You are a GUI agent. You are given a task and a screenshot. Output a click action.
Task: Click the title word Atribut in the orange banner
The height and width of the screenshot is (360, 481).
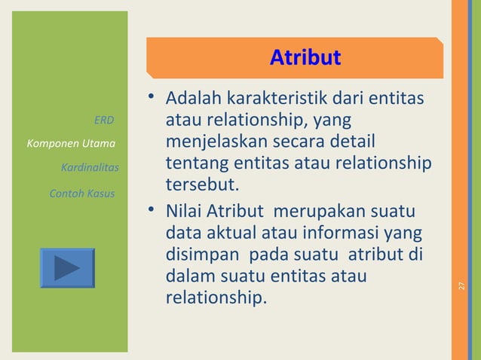(305, 57)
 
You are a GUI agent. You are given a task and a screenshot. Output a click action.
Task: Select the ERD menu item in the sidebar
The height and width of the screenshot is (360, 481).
(104, 120)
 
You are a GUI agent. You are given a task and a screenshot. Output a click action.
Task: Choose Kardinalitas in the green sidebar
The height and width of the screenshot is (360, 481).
(89, 167)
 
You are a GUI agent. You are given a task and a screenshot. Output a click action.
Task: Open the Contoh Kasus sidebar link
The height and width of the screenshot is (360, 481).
(81, 194)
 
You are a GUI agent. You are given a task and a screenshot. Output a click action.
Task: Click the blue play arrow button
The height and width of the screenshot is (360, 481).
(67, 267)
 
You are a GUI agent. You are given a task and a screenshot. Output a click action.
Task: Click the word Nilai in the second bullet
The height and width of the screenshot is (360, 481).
(184, 213)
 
